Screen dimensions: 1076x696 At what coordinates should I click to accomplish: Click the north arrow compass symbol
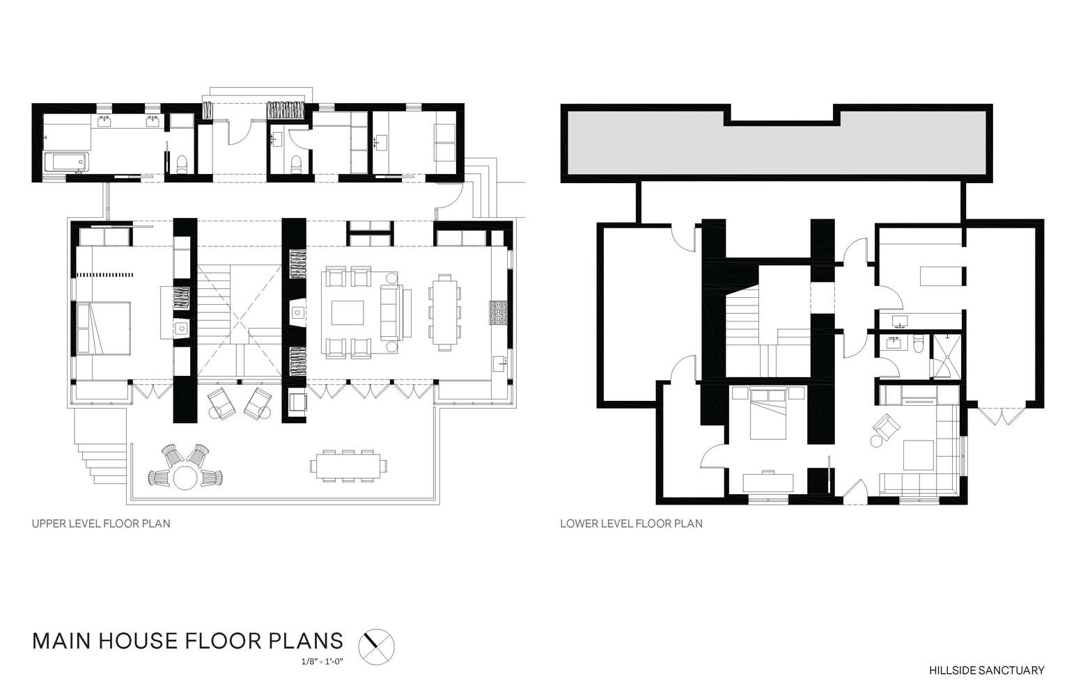pyautogui.click(x=377, y=647)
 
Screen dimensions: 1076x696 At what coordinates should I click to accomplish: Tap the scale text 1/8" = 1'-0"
pyautogui.click(x=322, y=662)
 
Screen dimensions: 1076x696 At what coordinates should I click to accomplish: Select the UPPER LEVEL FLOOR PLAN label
pyautogui.click(x=101, y=523)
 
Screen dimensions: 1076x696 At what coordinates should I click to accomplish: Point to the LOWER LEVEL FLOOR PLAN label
pyautogui.click(x=631, y=523)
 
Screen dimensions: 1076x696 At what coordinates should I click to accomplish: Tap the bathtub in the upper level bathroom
pyautogui.click(x=67, y=161)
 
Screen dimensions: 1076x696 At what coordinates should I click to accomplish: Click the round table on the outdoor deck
pyautogui.click(x=185, y=477)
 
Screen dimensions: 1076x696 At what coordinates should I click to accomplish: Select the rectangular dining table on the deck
pyautogui.click(x=348, y=466)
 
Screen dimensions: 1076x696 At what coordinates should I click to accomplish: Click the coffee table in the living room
pyautogui.click(x=348, y=313)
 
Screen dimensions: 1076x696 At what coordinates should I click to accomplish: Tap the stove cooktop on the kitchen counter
pyautogui.click(x=499, y=313)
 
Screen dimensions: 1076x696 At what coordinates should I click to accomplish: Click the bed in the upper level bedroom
pyautogui.click(x=103, y=329)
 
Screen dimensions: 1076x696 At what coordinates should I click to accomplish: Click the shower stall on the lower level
pyautogui.click(x=946, y=356)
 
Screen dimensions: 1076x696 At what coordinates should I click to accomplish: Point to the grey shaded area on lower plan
pyautogui.click(x=777, y=145)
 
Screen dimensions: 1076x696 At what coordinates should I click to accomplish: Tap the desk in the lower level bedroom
pyautogui.click(x=768, y=483)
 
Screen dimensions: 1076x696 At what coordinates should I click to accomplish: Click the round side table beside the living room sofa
pyautogui.click(x=392, y=278)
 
